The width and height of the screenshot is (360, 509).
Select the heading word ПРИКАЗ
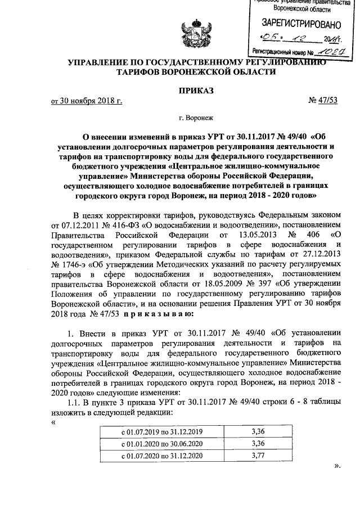[196, 90]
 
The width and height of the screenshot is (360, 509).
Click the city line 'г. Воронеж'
[196, 119]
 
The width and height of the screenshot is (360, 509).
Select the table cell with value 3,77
[259, 456]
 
